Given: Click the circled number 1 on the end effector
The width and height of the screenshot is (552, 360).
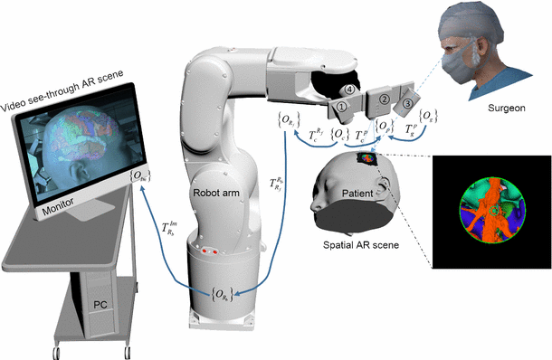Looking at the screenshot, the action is [x=342, y=106].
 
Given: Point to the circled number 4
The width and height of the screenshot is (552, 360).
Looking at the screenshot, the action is [x=348, y=89].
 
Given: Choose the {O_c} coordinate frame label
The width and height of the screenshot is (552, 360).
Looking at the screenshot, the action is [x=340, y=137].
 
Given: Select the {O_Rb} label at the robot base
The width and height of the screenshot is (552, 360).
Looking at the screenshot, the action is [x=222, y=293].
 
